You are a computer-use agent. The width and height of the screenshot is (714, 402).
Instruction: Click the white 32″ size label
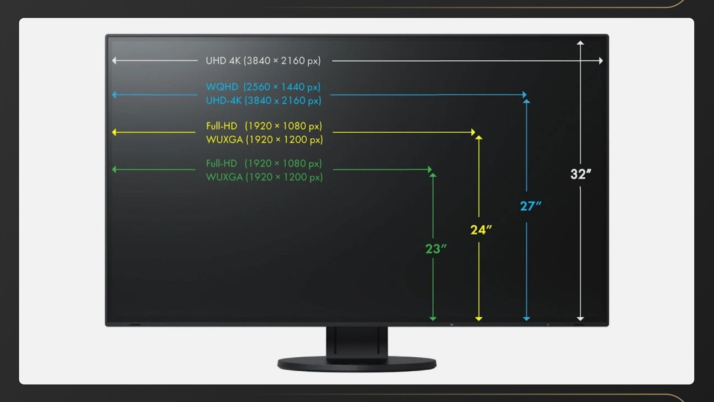[580, 174]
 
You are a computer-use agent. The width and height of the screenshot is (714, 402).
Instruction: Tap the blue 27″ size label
[530, 206]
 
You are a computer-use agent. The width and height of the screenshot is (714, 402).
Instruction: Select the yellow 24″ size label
[480, 230]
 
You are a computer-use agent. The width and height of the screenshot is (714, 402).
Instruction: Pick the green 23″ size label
[435, 249]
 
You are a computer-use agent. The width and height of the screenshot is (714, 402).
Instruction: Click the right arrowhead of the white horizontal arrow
[601, 61]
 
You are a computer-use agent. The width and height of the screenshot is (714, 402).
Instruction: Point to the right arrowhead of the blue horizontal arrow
[524, 95]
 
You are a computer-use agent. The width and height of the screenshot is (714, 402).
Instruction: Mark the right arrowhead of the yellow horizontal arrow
[473, 132]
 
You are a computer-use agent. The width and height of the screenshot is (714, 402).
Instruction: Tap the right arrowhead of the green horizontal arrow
[430, 170]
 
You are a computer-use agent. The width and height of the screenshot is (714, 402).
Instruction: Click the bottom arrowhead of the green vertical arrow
[433, 319]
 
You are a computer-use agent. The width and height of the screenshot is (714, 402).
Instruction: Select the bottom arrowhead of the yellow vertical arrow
[479, 319]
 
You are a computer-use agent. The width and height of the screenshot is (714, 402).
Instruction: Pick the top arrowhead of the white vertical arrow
[580, 43]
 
